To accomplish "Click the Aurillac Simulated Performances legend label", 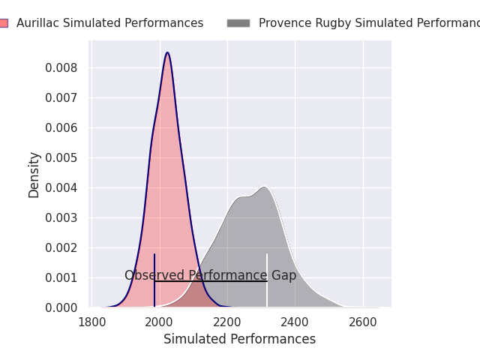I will tap(109, 23).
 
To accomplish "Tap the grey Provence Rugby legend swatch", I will tap(238, 23).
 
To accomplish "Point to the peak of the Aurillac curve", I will tap(167, 52).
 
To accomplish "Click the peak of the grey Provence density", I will tap(264, 187).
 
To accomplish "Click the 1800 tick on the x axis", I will tap(91, 322).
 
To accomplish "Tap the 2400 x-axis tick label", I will tap(295, 322).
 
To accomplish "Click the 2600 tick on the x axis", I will tap(363, 322).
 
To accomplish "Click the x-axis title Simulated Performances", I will tap(239, 339).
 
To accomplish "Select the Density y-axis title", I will tap(34, 174).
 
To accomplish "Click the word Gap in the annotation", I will tap(284, 275).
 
